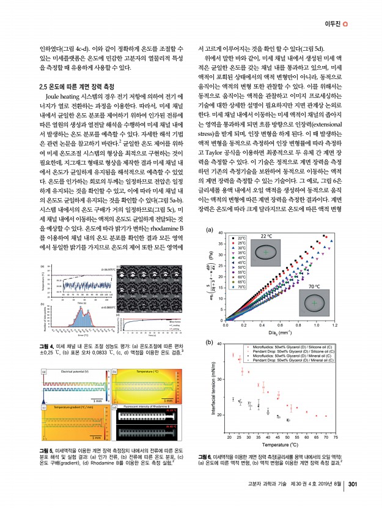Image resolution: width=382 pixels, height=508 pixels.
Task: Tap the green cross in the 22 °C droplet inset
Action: (x=266, y=252)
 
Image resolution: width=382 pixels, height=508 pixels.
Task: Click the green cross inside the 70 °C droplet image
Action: (x=313, y=303)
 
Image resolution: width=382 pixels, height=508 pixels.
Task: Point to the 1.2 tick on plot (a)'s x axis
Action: (x=335, y=325)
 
